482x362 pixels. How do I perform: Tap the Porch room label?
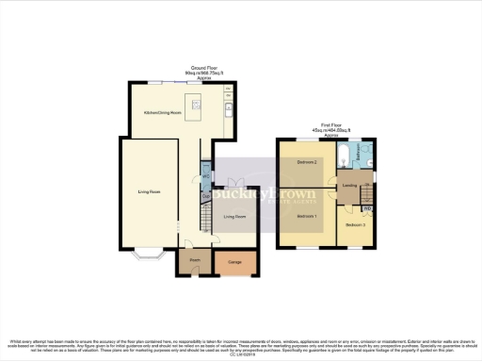pyautogui.click(x=195, y=258)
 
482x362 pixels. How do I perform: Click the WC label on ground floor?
pyautogui.click(x=205, y=176)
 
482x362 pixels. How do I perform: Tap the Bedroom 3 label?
pyautogui.click(x=355, y=225)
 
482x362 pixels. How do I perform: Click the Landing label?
pyautogui.click(x=350, y=186)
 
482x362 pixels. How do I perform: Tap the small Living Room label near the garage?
pyautogui.click(x=234, y=217)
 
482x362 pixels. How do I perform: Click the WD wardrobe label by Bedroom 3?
pyautogui.click(x=368, y=207)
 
